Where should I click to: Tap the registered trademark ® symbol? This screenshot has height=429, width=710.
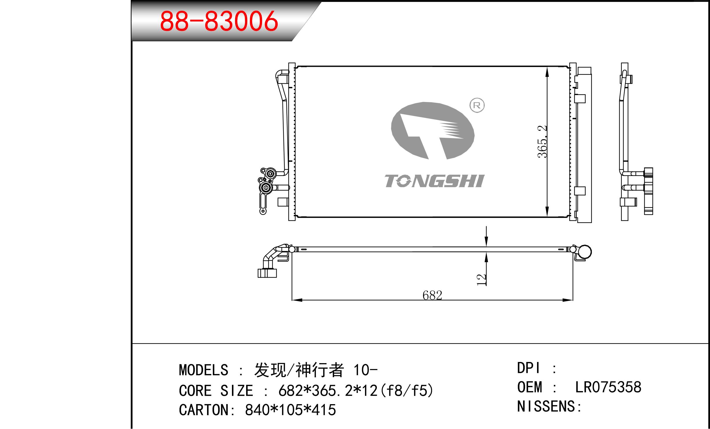(x=477, y=105)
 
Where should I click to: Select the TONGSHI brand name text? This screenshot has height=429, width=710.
(x=434, y=181)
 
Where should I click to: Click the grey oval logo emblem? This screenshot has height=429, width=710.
(x=433, y=130)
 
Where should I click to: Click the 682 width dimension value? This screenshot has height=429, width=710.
(x=432, y=295)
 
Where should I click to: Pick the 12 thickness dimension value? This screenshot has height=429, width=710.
(x=481, y=280)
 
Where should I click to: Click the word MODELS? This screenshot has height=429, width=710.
(x=204, y=370)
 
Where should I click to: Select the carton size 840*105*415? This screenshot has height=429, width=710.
(x=290, y=410)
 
